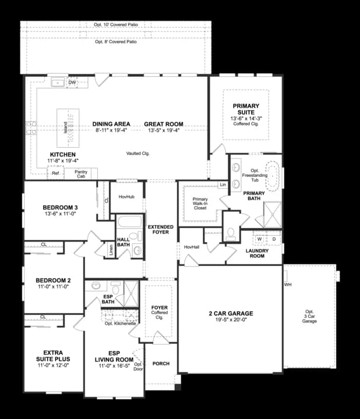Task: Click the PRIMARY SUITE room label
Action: tap(246, 109)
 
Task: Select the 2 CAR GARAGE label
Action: tap(231, 314)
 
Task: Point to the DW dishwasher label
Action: tap(72, 83)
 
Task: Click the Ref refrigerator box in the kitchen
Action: tap(55, 173)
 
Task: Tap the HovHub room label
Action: tap(126, 197)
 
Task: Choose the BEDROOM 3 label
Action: tap(60, 208)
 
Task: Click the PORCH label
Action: tap(160, 364)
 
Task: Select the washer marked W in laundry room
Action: tap(259, 239)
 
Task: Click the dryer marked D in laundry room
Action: tap(273, 239)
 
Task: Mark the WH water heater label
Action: tap(288, 285)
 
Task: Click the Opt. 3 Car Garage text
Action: tap(309, 316)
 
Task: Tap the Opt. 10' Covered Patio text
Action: tap(115, 25)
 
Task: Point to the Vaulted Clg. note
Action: tap(138, 153)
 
